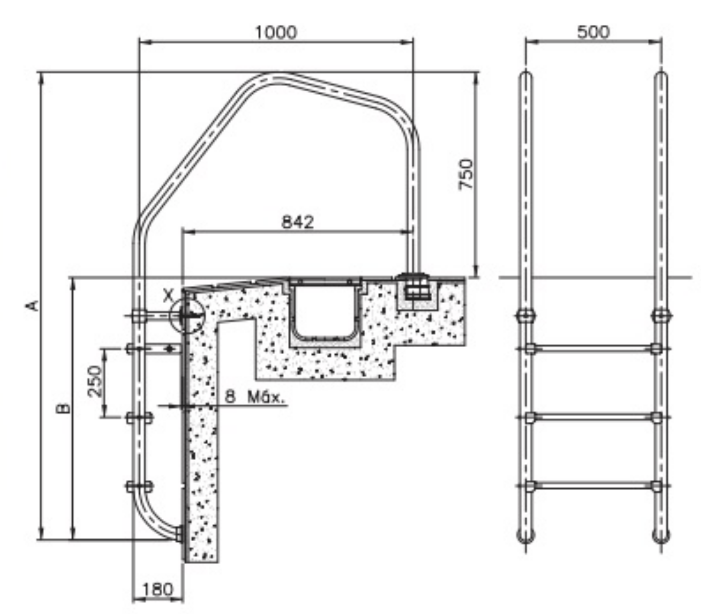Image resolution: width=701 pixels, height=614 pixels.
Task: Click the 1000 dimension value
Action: pyautogui.click(x=276, y=32)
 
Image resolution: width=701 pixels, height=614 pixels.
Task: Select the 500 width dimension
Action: pyautogui.click(x=593, y=32)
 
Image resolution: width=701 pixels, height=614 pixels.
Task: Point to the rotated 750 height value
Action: pyautogui.click(x=466, y=174)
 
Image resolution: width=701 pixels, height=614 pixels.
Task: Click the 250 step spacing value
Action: pyautogui.click(x=95, y=381)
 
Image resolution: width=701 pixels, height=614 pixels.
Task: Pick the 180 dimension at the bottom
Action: pyautogui.click(x=158, y=589)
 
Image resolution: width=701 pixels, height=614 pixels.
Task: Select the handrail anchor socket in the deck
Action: pyautogui.click(x=416, y=287)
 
